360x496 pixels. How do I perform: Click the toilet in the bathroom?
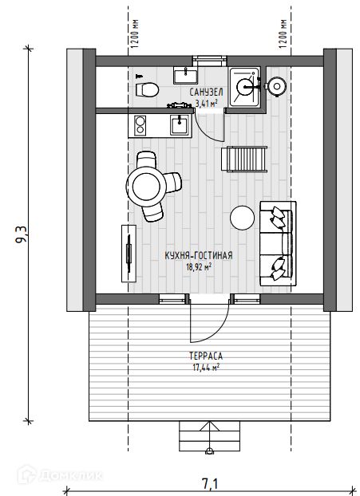147,89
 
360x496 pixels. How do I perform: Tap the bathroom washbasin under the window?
185,75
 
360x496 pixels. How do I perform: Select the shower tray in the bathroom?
244,87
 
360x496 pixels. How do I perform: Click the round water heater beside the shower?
277,86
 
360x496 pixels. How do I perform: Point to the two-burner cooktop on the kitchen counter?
140,125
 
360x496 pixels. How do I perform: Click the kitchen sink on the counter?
180,124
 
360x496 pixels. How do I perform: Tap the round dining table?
146,187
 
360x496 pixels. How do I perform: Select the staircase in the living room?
244,159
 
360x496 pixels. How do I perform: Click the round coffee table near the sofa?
242,218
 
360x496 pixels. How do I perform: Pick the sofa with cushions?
279,243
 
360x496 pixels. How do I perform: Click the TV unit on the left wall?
129,254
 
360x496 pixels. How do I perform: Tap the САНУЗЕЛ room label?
206,93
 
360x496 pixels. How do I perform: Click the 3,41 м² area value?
207,103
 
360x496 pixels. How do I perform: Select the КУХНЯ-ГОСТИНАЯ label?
199,256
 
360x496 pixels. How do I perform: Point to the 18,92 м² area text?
199,267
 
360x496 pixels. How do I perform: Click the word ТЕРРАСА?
206,356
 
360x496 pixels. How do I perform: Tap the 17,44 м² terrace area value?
206,368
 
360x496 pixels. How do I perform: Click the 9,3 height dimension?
22,234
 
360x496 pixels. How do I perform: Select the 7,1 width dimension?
210,484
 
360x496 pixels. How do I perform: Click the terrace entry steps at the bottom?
210,436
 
